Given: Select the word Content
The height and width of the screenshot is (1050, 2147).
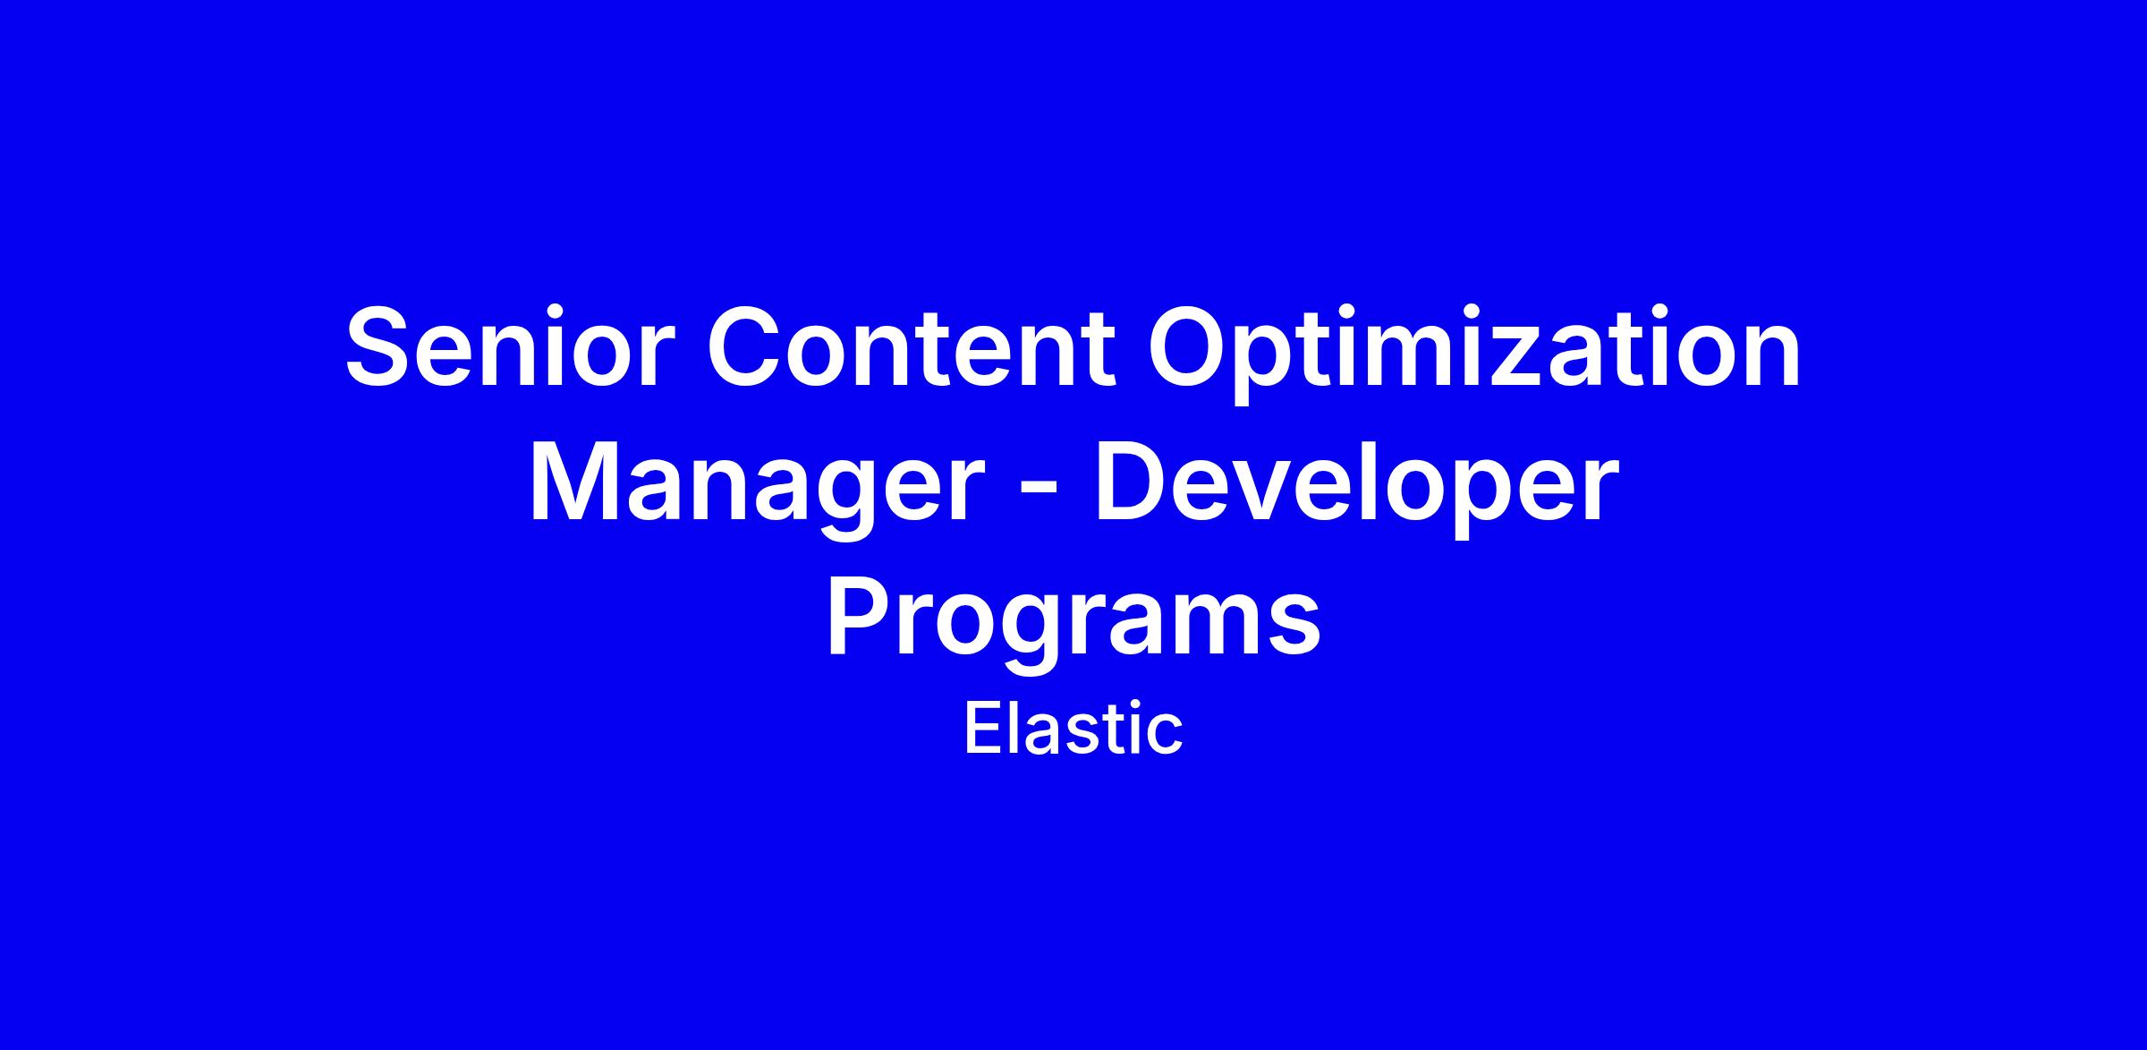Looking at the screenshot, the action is point(912,347).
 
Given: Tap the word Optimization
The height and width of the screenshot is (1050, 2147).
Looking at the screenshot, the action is point(1474,354).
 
